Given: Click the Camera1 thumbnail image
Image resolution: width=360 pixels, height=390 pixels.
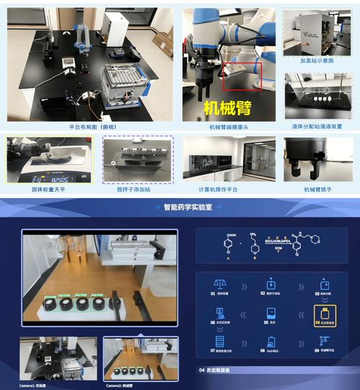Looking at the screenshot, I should coord(60,358).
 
